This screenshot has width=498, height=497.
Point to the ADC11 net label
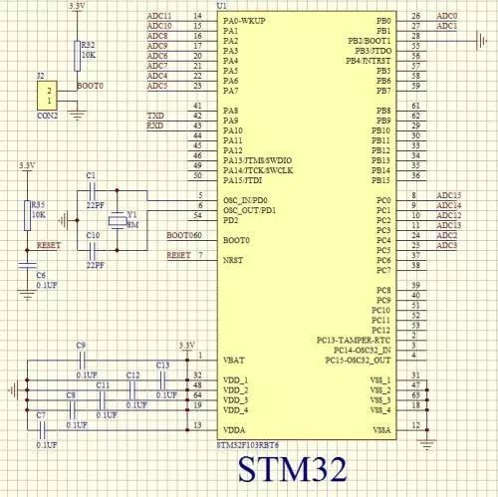pos(158,17)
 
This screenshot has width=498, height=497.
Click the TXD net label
pos(154,118)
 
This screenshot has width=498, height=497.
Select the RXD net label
pos(154,126)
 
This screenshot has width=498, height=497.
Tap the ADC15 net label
pos(449,195)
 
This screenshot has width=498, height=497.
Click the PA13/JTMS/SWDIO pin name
pos(258,159)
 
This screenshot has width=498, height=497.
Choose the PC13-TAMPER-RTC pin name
pos(354,339)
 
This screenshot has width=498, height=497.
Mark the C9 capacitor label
pos(81,344)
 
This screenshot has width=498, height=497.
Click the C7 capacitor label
pos(39,414)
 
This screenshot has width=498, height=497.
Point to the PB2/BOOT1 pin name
pos(370,40)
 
